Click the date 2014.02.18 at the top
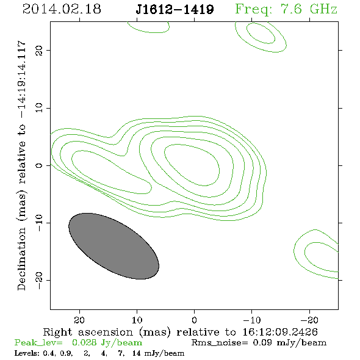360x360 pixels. (x=62, y=9)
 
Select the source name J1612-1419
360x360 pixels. (x=175, y=10)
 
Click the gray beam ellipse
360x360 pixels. (x=114, y=246)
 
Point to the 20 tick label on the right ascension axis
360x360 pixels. (x=79, y=320)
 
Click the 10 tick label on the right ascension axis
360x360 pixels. (x=137, y=320)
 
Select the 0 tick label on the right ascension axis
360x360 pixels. (x=194, y=320)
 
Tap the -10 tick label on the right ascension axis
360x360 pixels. (x=252, y=320)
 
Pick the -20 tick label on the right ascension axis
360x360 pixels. (x=309, y=320)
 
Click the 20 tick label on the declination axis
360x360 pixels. (x=39, y=50)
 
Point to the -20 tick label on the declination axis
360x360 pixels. (x=39, y=280)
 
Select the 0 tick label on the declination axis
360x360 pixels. (x=39, y=165)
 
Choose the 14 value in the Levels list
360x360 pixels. (x=137, y=353)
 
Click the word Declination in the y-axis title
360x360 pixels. (x=21, y=259)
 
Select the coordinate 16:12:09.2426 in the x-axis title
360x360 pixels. (x=280, y=332)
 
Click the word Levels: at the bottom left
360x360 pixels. (x=26, y=353)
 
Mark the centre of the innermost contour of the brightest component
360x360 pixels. (x=192, y=165)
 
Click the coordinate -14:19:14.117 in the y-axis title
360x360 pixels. (x=21, y=79)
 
